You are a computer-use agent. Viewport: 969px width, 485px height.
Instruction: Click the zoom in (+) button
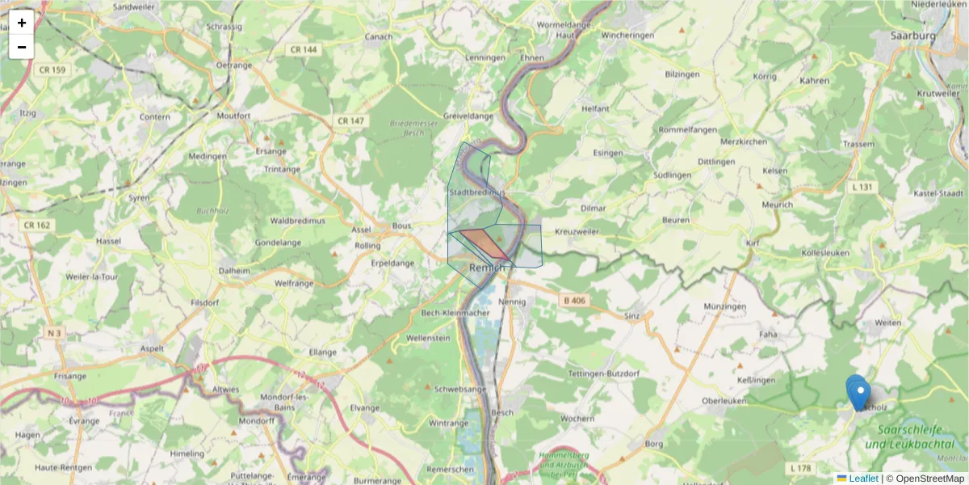22,23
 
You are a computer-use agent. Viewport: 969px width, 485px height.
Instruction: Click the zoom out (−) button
22,47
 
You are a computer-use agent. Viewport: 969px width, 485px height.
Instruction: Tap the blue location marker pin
858,393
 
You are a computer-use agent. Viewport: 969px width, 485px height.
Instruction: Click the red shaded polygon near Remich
483,243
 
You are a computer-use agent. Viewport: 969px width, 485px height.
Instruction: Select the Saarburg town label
912,36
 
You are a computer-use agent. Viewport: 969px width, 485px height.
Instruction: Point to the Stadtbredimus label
476,192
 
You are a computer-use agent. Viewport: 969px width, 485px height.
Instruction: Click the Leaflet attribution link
862,479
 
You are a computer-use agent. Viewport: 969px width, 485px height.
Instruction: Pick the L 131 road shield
862,187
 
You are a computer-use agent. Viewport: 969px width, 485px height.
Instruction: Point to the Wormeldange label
564,24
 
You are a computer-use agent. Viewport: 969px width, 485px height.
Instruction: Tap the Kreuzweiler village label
577,232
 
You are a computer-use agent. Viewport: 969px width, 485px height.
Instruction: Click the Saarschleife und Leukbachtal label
909,437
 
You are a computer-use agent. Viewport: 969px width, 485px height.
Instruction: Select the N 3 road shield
54,333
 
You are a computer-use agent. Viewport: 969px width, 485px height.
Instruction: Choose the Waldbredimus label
297,220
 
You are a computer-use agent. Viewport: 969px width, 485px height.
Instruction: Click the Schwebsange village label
460,388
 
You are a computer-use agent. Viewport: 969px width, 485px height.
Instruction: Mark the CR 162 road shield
37,225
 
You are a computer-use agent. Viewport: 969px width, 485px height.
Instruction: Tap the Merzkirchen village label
743,141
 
